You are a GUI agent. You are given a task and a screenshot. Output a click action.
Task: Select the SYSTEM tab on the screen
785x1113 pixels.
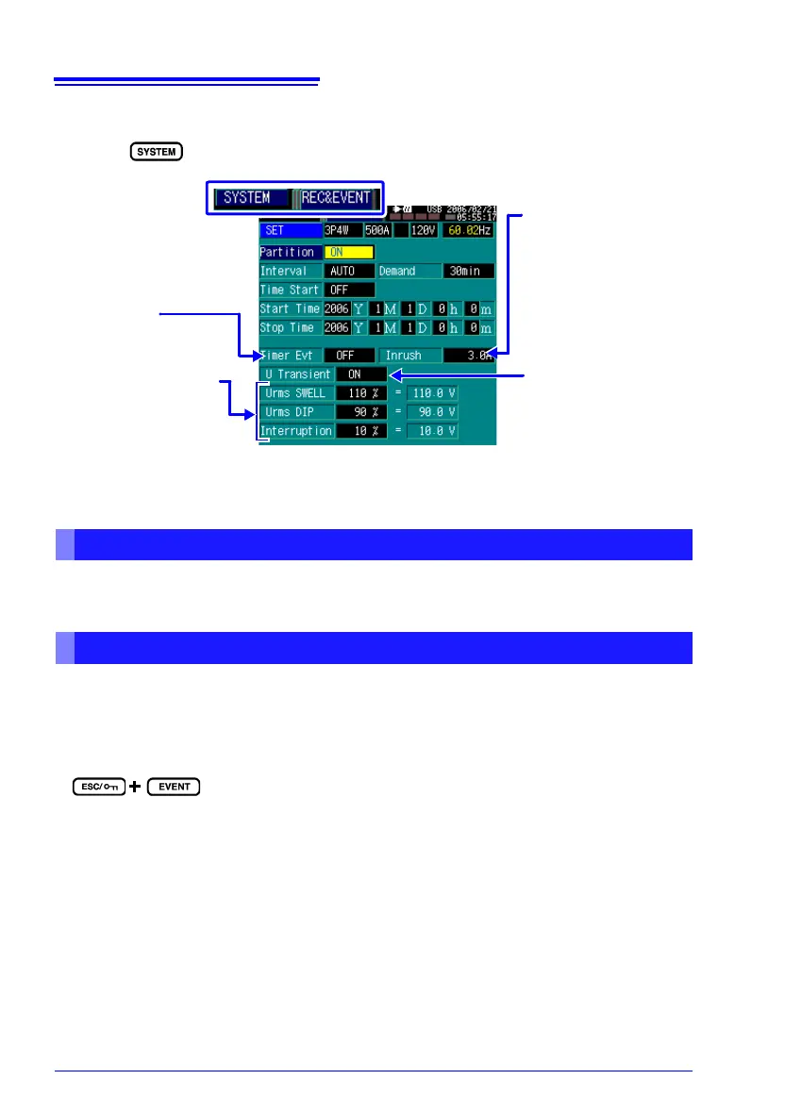point(247,198)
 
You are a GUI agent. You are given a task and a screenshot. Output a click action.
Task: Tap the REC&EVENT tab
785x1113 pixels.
point(336,198)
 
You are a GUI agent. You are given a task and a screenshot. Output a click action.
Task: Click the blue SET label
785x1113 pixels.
point(290,230)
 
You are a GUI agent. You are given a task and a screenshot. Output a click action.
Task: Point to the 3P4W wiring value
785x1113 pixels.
point(341,230)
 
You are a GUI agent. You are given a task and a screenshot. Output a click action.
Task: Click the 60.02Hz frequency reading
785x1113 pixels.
point(468,230)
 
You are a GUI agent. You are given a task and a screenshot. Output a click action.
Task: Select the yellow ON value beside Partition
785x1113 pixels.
point(349,252)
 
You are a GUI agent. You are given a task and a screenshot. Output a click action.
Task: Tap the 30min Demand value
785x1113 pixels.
point(468,271)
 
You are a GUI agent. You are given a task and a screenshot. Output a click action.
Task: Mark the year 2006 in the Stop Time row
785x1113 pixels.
point(337,327)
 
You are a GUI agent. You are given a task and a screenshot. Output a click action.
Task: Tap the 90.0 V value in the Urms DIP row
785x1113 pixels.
point(432,412)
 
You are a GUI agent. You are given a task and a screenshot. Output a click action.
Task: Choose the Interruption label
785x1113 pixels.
point(296,431)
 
